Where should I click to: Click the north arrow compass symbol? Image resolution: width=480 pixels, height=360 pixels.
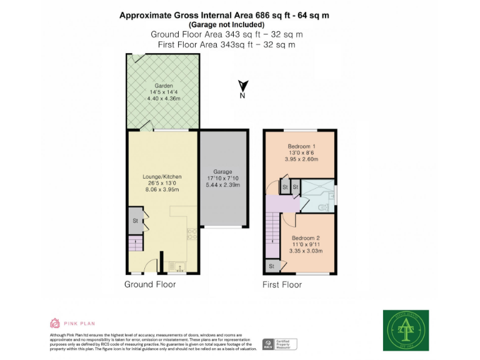[243, 88]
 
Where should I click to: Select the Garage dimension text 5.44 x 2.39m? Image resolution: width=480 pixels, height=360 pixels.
[223, 186]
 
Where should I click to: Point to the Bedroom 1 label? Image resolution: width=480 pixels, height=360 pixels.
[301, 146]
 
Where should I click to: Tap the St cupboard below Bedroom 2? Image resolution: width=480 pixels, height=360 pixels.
[272, 266]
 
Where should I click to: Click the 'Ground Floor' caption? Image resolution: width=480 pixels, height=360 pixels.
[150, 284]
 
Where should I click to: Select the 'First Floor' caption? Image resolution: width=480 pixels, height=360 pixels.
[282, 284]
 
